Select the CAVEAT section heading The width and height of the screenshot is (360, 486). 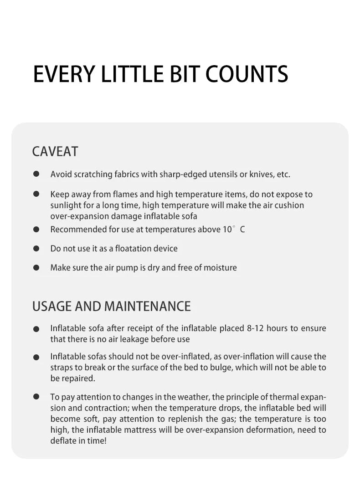[55, 152]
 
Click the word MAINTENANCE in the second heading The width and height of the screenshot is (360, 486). [148, 306]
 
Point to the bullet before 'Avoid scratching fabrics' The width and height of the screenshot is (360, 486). [36, 174]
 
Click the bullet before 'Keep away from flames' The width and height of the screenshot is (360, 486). [36, 194]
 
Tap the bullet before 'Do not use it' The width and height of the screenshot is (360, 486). [36, 249]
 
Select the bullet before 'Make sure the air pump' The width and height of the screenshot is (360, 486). [36, 267]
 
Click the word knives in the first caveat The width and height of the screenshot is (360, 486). [261, 174]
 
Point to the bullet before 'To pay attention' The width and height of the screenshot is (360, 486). [36, 397]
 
